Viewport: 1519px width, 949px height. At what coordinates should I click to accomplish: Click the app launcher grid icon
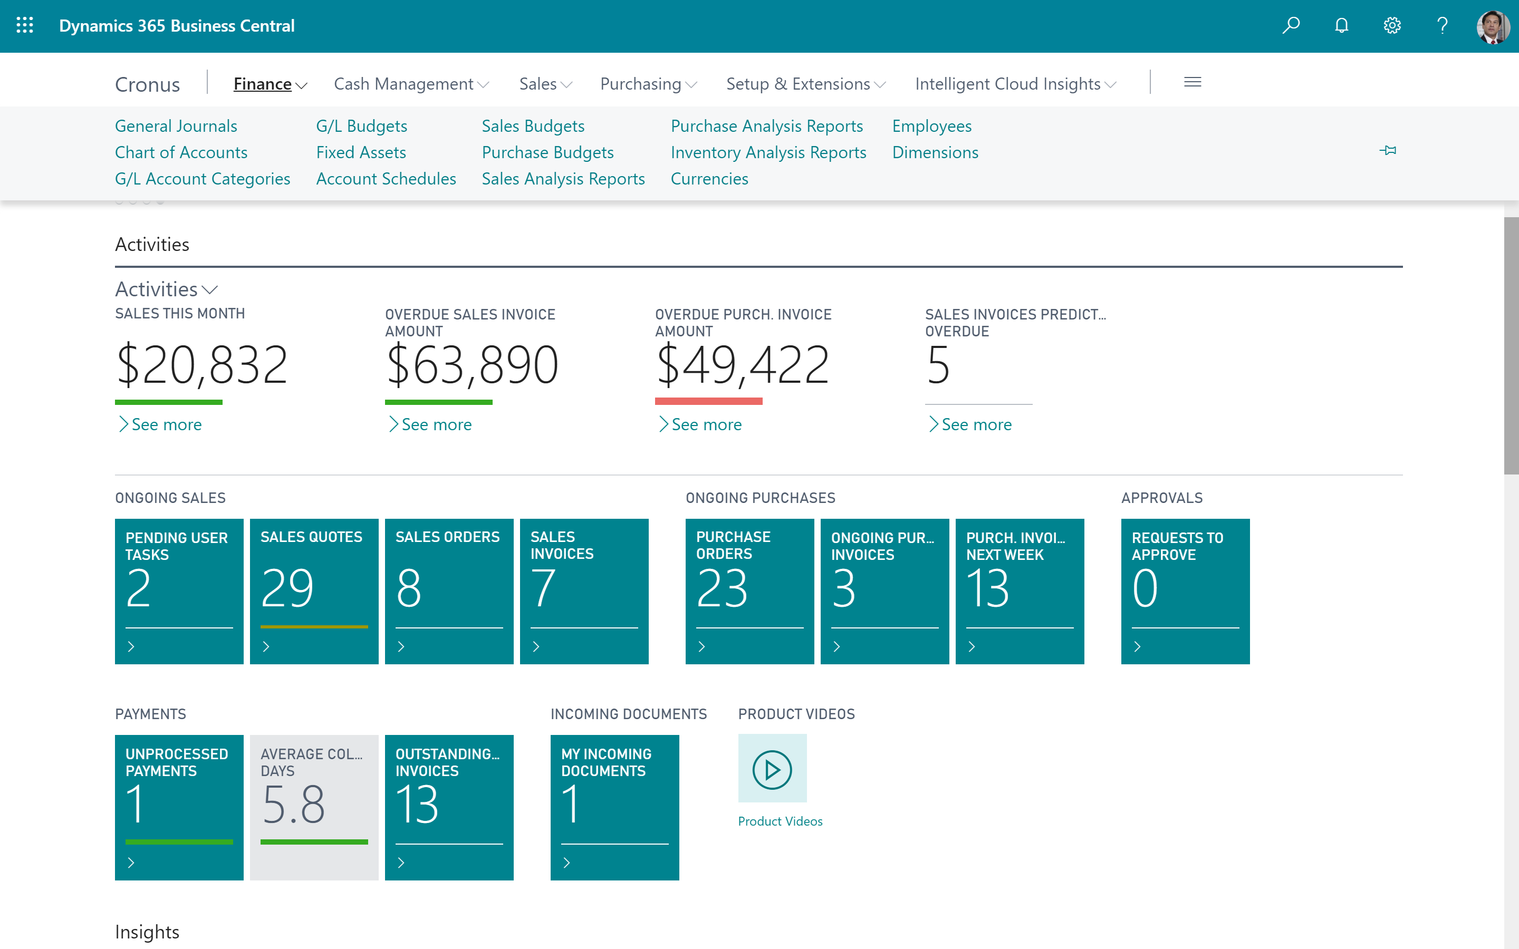coord(24,25)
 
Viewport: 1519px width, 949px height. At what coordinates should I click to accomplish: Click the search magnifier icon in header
coord(1291,25)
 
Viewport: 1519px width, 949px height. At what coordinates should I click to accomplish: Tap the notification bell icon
coord(1341,25)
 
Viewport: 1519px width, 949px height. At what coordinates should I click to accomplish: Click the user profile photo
coord(1493,27)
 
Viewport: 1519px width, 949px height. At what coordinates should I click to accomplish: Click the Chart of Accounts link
coord(181,152)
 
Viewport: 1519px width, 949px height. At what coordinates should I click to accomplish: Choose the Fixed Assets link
coord(361,152)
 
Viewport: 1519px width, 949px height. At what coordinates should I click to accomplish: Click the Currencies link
coord(709,178)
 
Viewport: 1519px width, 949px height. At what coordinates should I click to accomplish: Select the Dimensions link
coord(935,152)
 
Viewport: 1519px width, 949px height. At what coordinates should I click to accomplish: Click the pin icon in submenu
coord(1388,150)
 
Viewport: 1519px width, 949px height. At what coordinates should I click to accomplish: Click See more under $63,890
coord(436,424)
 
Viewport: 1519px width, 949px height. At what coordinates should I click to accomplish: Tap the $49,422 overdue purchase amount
coord(742,365)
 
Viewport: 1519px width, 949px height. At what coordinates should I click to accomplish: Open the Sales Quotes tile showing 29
coord(314,590)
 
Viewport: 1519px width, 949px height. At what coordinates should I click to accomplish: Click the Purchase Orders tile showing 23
coord(749,590)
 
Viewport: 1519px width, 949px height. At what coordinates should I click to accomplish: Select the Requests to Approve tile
coord(1185,590)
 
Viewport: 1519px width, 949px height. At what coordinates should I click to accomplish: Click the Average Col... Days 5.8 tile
coord(314,807)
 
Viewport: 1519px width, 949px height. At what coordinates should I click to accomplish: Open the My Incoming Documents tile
coord(614,807)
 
